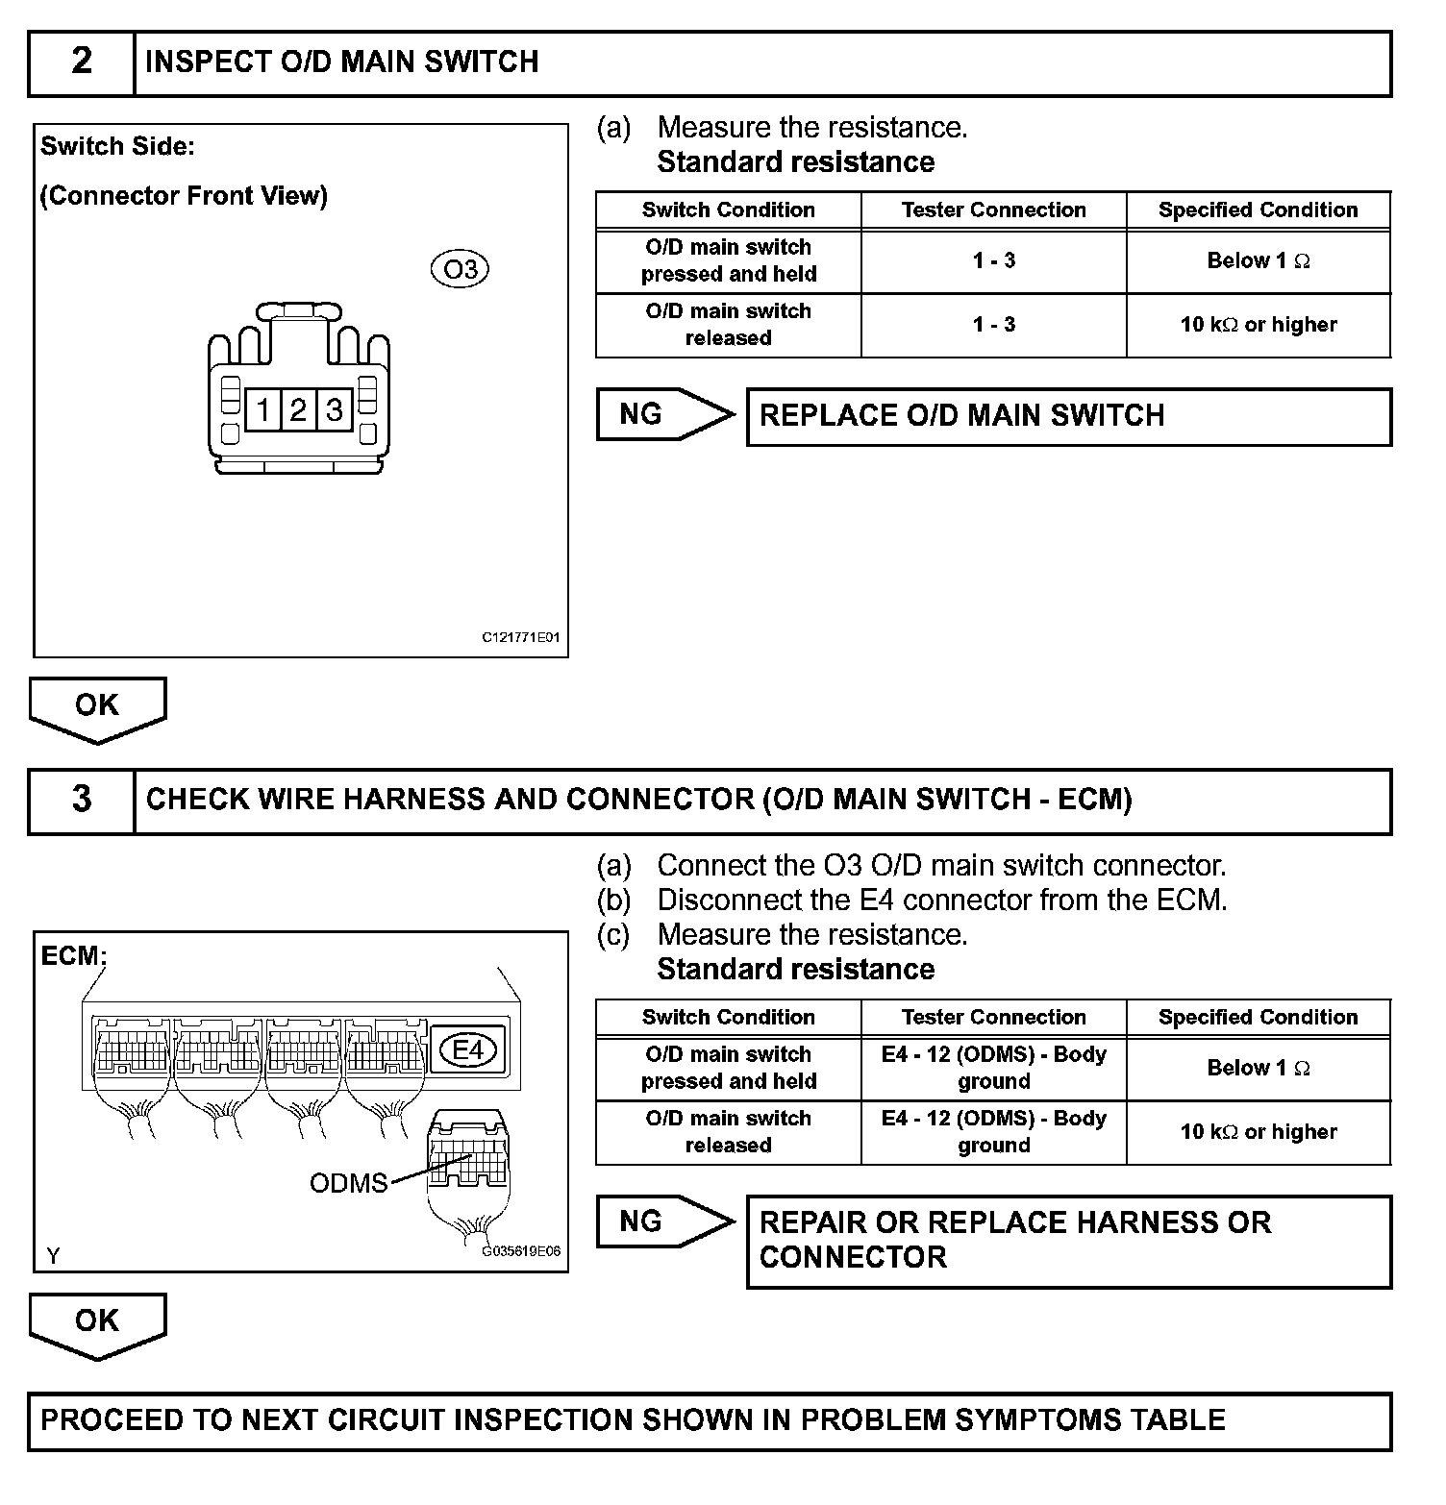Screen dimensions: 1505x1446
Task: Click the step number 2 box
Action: [x=82, y=62]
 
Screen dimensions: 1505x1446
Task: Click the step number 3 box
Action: [x=82, y=800]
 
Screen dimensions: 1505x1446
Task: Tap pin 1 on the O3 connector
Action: [x=262, y=411]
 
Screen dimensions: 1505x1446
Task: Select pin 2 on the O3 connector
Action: [x=298, y=411]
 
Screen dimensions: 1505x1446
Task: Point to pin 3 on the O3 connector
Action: [x=334, y=411]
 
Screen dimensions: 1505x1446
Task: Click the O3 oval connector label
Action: [x=461, y=269]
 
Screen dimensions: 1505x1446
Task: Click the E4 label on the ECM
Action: [x=468, y=1049]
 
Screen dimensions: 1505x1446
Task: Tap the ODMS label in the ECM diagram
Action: [x=348, y=1182]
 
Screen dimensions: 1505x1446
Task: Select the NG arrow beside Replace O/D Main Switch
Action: [x=663, y=414]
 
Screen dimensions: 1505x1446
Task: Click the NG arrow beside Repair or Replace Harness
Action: [x=663, y=1221]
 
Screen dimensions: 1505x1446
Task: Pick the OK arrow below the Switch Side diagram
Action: [x=97, y=707]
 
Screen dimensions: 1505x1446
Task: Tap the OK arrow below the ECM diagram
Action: [x=97, y=1322]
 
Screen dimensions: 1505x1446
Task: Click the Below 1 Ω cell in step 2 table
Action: [x=1258, y=260]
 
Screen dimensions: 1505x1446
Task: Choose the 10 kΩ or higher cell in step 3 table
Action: [x=1258, y=1132]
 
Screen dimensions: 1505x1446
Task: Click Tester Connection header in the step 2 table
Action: [x=993, y=210]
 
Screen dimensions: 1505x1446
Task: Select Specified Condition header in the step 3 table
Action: [x=1258, y=1018]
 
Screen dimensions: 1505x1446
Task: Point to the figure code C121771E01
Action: [x=521, y=636]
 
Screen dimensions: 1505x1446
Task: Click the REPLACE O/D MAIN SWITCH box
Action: [x=1068, y=416]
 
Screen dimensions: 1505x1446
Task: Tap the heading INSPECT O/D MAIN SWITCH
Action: [x=341, y=62]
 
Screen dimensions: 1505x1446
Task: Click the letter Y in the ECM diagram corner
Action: [x=53, y=1255]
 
